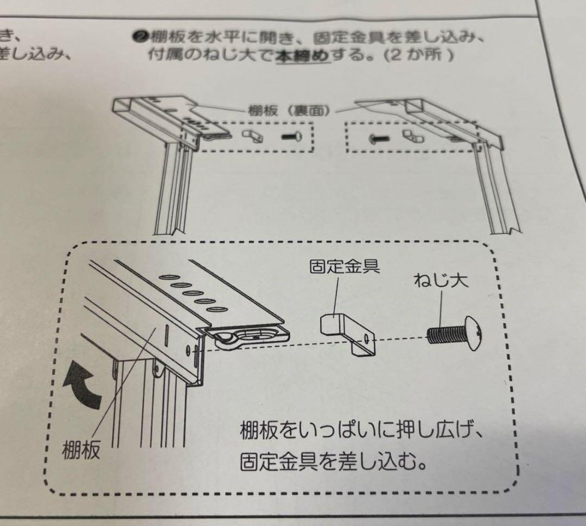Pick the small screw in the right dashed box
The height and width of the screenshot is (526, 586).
(x=378, y=139)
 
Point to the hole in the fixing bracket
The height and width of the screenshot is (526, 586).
(x=367, y=338)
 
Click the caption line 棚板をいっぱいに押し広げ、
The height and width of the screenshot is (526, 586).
(x=361, y=432)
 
